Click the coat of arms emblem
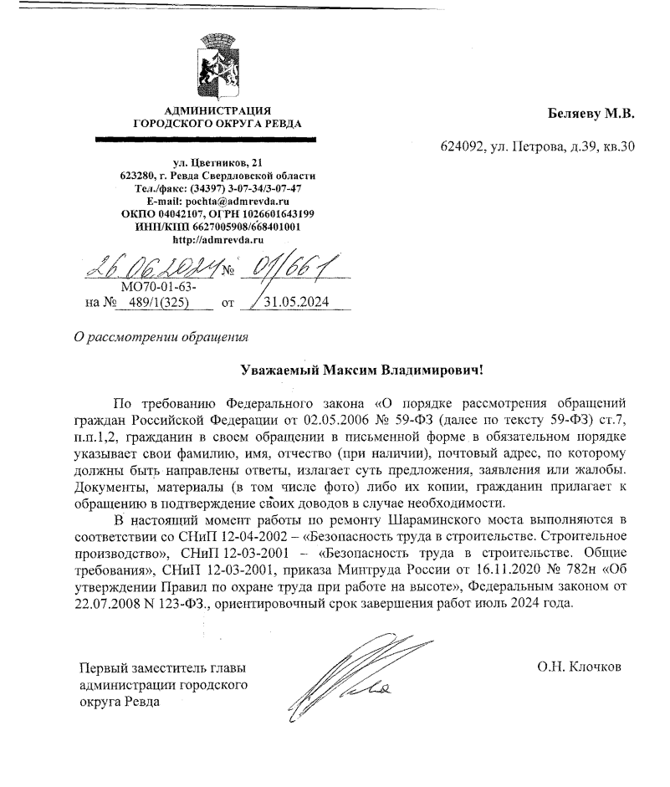pos(217,66)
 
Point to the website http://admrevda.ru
pos(217,238)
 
